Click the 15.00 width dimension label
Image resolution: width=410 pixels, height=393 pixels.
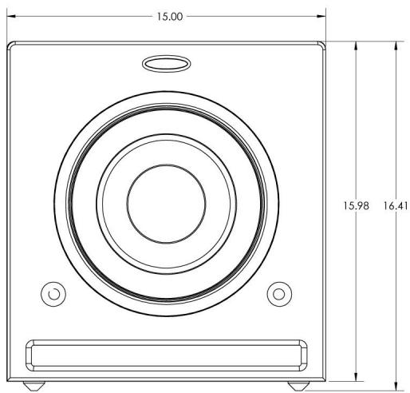point(170,17)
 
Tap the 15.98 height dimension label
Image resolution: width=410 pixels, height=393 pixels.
point(356,206)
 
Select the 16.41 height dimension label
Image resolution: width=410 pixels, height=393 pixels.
point(396,206)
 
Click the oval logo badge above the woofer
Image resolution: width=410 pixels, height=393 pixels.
point(167,64)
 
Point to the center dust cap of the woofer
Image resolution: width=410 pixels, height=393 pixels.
point(167,204)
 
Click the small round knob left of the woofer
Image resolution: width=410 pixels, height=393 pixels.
point(53,294)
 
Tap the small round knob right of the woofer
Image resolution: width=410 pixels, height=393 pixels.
point(279,294)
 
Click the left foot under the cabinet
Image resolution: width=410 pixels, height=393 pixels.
point(34,386)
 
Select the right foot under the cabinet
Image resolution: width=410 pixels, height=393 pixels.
point(298,386)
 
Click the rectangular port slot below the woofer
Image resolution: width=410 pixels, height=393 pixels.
point(167,355)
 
